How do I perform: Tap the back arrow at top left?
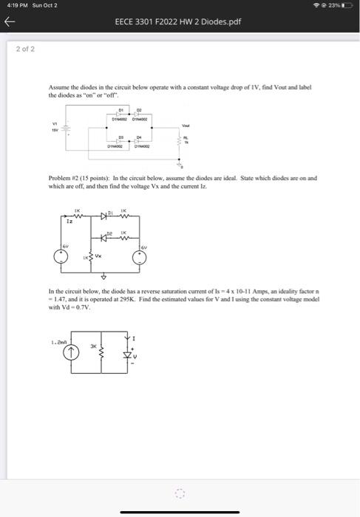(x=10, y=22)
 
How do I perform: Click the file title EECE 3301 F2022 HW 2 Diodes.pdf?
(x=178, y=22)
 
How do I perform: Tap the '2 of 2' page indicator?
(x=25, y=49)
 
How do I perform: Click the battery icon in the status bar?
(x=348, y=5)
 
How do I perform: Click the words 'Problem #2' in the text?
(x=61, y=178)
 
